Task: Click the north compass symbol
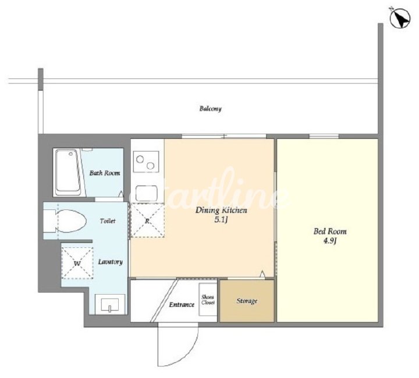(x=400, y=17)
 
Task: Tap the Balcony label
(x=211, y=108)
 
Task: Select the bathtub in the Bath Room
(x=68, y=172)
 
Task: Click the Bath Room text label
(x=105, y=173)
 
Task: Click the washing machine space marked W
(x=77, y=263)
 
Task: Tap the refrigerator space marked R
(x=147, y=220)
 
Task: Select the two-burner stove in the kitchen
(x=146, y=162)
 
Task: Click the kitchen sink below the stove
(x=146, y=193)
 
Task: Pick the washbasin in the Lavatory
(x=110, y=304)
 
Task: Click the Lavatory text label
(x=111, y=262)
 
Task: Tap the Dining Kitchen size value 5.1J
(x=221, y=220)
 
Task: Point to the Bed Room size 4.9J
(x=330, y=241)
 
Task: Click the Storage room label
(x=247, y=301)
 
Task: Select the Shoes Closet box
(x=208, y=299)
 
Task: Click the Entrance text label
(x=182, y=304)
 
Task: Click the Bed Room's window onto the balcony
(x=324, y=136)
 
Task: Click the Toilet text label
(x=108, y=221)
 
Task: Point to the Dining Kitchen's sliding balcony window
(x=224, y=136)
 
